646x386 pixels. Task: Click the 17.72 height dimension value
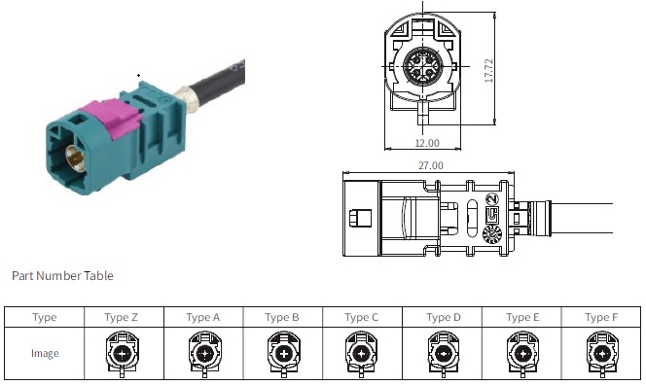point(488,71)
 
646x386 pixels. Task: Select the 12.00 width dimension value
point(427,143)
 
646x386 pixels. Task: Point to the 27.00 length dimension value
point(431,165)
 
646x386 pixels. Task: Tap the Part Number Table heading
point(62,275)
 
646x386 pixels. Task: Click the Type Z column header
point(121,317)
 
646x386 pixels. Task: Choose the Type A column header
point(202,317)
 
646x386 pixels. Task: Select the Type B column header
point(282,317)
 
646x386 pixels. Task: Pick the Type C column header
point(361,317)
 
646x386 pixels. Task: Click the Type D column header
point(444,317)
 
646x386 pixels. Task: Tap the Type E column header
point(522,317)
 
